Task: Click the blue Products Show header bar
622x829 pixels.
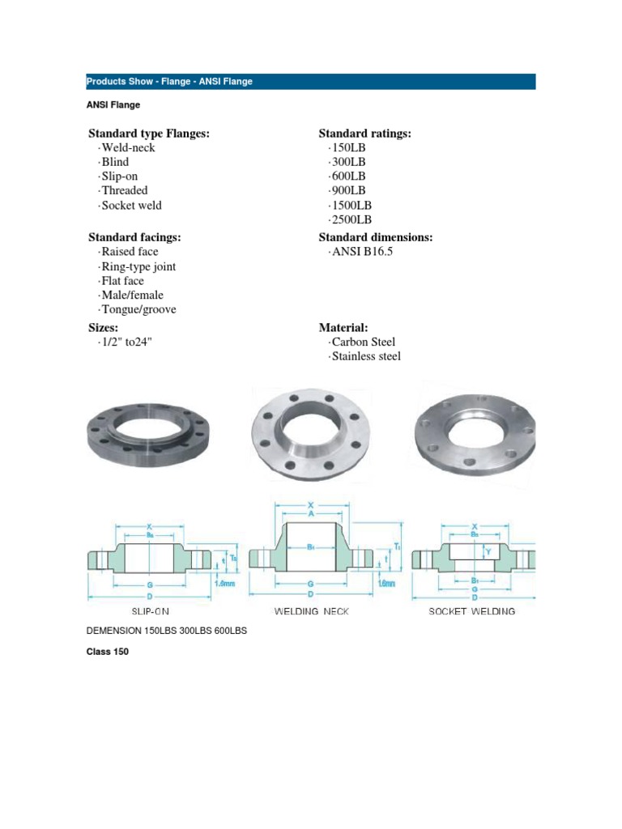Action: pyautogui.click(x=310, y=81)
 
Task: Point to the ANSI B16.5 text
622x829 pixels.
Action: pyautogui.click(x=361, y=252)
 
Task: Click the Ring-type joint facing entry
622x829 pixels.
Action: pyautogui.click(x=137, y=266)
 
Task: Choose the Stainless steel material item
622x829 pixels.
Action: pyautogui.click(x=365, y=356)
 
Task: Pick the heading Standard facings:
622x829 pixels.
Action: pyautogui.click(x=134, y=237)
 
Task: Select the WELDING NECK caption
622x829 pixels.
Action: pyautogui.click(x=312, y=611)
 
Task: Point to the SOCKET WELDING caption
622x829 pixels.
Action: pyautogui.click(x=471, y=611)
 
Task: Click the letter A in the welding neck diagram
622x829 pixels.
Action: pyautogui.click(x=312, y=513)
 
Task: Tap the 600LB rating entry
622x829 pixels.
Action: pyautogui.click(x=347, y=176)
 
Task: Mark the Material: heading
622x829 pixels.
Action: pyautogui.click(x=343, y=327)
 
